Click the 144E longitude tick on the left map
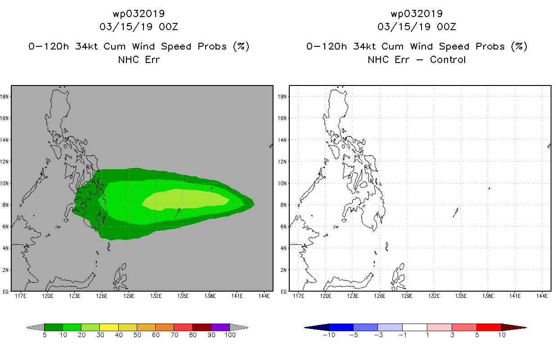point(264,296)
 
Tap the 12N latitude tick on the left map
point(4,162)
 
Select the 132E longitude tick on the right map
point(434,296)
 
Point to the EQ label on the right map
point(284,292)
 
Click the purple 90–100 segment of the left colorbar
point(220,327)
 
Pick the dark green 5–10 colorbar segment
point(54,327)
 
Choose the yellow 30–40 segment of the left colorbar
point(109,327)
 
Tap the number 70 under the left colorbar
point(174,335)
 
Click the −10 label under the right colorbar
point(329,335)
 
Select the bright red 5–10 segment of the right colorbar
point(489,327)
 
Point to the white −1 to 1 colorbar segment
point(414,327)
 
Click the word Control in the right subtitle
point(448,59)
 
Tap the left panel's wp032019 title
point(139,13)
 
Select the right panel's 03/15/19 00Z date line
point(417,27)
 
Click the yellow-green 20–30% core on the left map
point(185,199)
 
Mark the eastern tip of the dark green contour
point(254,205)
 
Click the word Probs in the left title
point(212,47)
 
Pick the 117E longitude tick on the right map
point(299,296)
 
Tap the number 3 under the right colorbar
point(452,335)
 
